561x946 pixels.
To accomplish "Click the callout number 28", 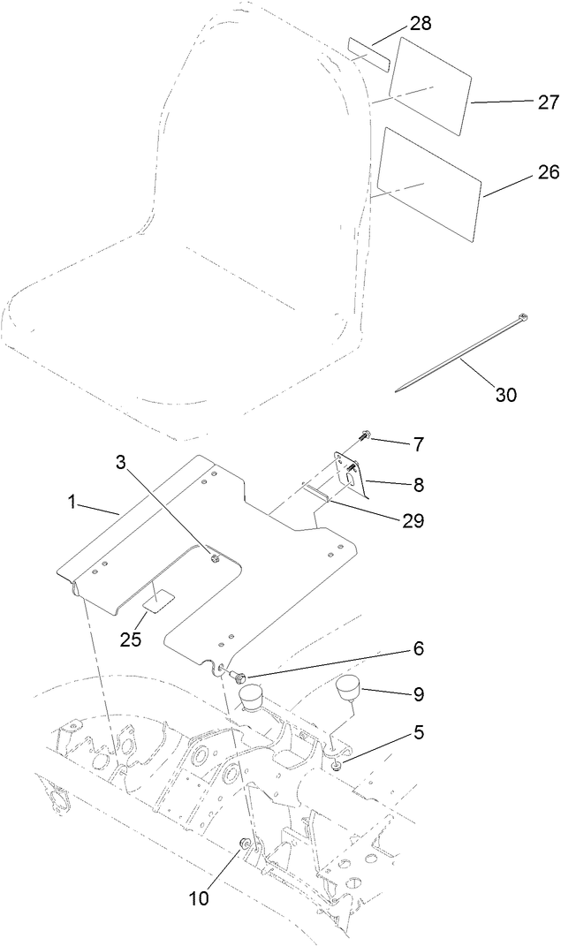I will [x=421, y=23].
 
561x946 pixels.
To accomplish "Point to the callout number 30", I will [x=505, y=395].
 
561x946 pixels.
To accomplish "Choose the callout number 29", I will [x=413, y=521].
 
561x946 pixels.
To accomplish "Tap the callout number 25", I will [x=131, y=639].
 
